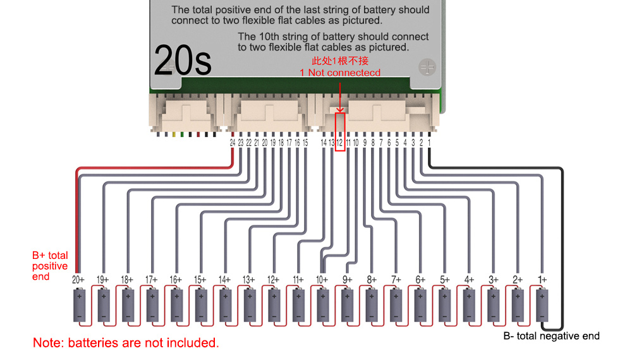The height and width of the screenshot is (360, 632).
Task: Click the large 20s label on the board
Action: [x=183, y=61]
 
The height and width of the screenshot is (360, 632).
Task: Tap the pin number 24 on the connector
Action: [x=233, y=143]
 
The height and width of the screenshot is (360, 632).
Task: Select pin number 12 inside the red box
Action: [x=339, y=143]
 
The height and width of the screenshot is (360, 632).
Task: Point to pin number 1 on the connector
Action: [x=429, y=143]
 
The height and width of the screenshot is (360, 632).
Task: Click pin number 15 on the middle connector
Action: [x=305, y=143]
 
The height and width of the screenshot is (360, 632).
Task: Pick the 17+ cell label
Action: [x=151, y=279]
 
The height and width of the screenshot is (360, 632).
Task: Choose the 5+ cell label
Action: [x=444, y=279]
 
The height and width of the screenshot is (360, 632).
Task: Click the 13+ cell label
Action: [x=249, y=279]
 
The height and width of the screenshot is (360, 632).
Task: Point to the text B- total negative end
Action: [x=551, y=336]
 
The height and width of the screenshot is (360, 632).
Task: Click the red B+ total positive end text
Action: [x=50, y=266]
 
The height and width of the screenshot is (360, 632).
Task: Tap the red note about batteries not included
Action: [x=126, y=344]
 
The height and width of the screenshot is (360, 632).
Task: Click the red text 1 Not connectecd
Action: [x=340, y=73]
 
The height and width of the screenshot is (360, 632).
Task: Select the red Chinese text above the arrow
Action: [x=340, y=61]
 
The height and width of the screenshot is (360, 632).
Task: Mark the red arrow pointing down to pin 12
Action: [x=340, y=95]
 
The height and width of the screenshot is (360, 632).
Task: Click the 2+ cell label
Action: [x=518, y=279]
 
